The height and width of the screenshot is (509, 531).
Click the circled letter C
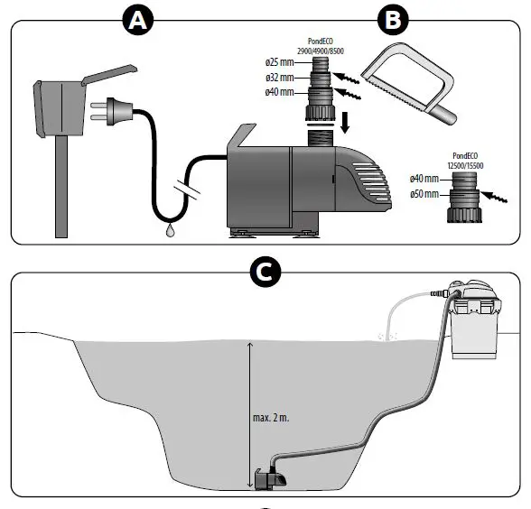click(265, 272)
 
